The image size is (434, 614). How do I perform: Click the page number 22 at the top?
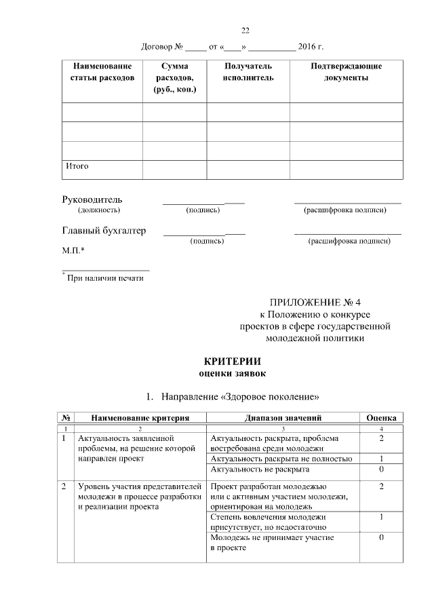coord(245,30)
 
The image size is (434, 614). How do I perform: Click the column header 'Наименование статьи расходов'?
coord(102,73)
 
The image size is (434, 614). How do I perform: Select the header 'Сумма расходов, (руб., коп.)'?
coord(174,78)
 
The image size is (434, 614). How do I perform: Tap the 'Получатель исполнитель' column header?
coord(248,73)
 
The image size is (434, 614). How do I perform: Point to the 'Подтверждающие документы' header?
coord(346,73)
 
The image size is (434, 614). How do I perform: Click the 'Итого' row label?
coord(77,166)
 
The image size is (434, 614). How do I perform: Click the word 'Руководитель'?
coord(92,199)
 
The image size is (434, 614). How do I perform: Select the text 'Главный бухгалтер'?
coord(104,231)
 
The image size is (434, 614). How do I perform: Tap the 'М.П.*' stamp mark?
coord(73,251)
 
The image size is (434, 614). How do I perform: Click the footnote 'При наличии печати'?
coord(104,277)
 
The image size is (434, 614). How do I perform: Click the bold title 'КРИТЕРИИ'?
coord(233,361)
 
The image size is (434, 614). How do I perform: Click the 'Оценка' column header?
coord(381,418)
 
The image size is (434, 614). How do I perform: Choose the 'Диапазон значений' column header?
coord(283,418)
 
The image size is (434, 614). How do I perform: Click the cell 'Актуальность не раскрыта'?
coord(256,469)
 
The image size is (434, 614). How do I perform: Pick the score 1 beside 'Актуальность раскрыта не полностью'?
coord(381,459)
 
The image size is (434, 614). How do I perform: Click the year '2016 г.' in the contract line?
coord(311,47)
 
